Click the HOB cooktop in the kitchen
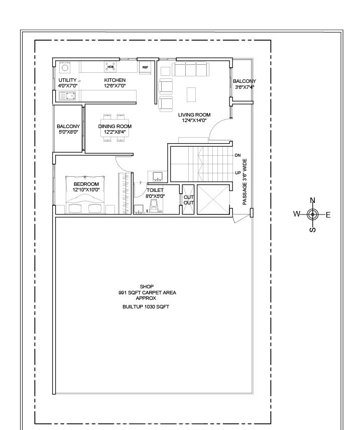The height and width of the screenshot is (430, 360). pyautogui.click(x=110, y=66)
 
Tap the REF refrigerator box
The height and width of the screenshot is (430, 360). pyautogui.click(x=145, y=66)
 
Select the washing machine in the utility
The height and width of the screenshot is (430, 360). pyautogui.click(x=65, y=67)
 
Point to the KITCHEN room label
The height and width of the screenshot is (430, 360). pyautogui.click(x=114, y=80)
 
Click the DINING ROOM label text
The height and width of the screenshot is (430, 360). pyautogui.click(x=114, y=127)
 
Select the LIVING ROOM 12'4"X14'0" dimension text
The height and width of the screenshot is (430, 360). pyautogui.click(x=194, y=121)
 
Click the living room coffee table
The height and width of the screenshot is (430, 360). pyautogui.click(x=191, y=94)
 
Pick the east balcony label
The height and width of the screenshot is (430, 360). pyautogui.click(x=244, y=81)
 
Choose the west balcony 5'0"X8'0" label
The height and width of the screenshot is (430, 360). pyautogui.click(x=68, y=133)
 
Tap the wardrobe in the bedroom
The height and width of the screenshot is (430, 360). pyautogui.click(x=124, y=193)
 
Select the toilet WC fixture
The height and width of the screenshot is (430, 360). pyautogui.click(x=155, y=204)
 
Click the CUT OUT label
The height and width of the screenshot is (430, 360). pyautogui.click(x=188, y=199)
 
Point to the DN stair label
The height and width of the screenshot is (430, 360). pyautogui.click(x=237, y=156)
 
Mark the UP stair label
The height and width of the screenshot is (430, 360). pyautogui.click(x=237, y=173)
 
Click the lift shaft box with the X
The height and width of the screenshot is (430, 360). pyautogui.click(x=213, y=199)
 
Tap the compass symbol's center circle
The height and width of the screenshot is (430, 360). pyautogui.click(x=312, y=215)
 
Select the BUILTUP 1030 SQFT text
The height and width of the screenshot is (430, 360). pyautogui.click(x=146, y=306)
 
